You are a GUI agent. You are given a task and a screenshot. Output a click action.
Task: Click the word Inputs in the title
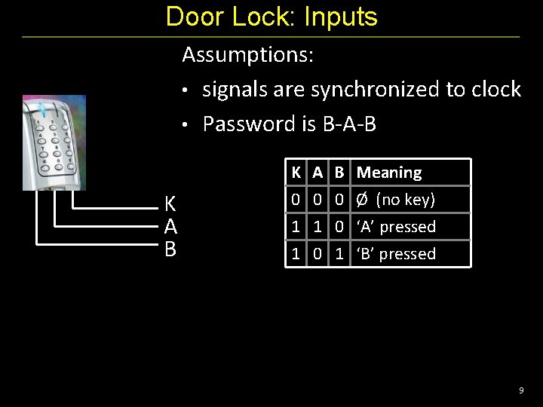tap(340, 17)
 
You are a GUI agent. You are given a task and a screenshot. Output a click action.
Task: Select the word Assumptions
tap(248, 55)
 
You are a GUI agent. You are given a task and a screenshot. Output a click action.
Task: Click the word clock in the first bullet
tap(495, 90)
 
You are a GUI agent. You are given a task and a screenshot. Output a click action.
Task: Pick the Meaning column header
tap(389, 173)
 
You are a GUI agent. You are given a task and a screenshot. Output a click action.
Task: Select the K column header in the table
tap(296, 173)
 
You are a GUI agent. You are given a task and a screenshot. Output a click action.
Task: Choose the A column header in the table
tap(318, 173)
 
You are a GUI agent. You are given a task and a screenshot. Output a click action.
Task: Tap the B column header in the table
tap(339, 173)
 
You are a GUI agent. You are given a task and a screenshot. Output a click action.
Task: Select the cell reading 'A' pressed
tap(397, 227)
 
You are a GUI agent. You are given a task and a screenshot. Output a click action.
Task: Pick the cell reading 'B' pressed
tap(397, 254)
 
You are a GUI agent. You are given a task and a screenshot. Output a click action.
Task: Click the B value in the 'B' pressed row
tap(339, 254)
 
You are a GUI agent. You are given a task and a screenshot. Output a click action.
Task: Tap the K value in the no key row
tap(296, 200)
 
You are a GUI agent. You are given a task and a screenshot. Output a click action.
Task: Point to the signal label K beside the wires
tap(170, 203)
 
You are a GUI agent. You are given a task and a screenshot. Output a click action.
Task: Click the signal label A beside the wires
tap(170, 226)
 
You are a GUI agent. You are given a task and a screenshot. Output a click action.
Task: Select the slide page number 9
tap(521, 390)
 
